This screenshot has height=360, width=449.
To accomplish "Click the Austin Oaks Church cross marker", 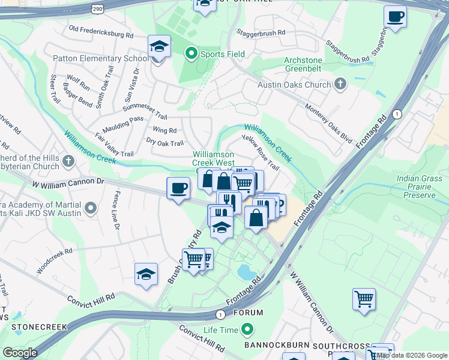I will coord(340,85).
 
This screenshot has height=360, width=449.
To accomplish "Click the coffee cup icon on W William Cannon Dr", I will coord(178,188).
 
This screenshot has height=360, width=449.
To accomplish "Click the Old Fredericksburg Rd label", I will coord(101,32).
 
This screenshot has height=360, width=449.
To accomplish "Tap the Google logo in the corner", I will coord(20,353).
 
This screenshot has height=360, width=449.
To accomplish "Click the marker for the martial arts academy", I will coord(91,208).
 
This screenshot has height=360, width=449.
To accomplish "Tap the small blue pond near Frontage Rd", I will coord(247,272).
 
